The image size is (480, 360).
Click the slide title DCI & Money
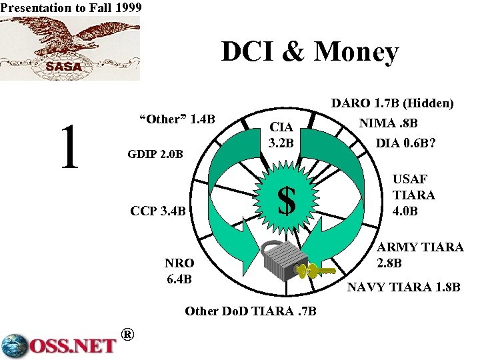coord(310,53)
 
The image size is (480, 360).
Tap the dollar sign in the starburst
coord(286,200)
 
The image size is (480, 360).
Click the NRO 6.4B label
coord(179,270)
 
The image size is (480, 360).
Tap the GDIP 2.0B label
coord(155,155)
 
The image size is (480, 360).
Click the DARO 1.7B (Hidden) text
coord(393,103)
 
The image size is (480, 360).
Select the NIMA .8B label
coord(389,123)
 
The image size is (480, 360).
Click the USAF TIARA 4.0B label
coord(413,195)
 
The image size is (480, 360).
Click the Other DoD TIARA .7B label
coord(250,311)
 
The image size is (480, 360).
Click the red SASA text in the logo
coord(64,66)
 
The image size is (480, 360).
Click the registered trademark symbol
coord(129,334)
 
